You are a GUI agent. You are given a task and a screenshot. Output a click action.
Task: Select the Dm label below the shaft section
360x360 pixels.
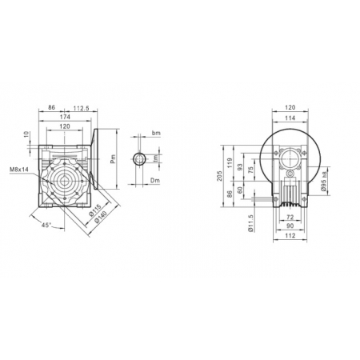click(x=156, y=183)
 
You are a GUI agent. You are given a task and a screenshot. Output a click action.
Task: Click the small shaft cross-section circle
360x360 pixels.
click(x=139, y=158)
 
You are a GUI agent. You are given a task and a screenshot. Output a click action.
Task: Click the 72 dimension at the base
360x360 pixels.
click(x=290, y=218)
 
